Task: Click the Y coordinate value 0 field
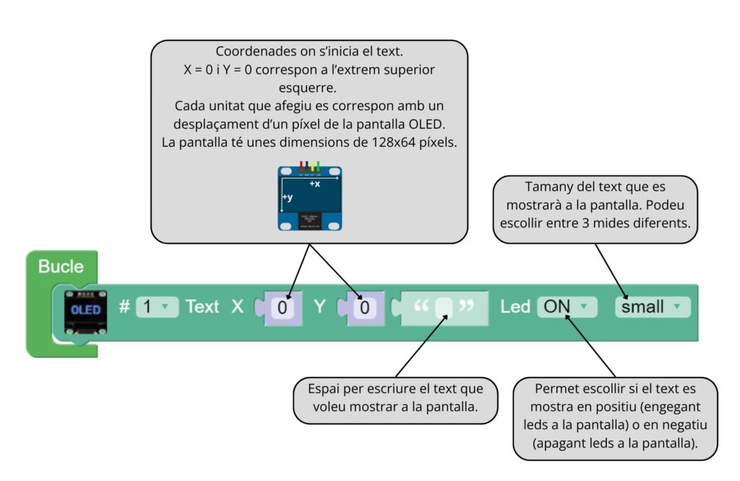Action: click(365, 307)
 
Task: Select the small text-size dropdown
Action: click(652, 307)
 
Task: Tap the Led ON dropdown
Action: click(566, 307)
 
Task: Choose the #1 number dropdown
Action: click(156, 307)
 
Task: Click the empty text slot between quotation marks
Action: click(444, 307)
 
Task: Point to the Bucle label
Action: click(61, 266)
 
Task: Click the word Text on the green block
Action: click(202, 307)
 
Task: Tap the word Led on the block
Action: click(515, 307)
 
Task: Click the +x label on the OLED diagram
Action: click(314, 184)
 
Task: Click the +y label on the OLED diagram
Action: click(287, 197)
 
